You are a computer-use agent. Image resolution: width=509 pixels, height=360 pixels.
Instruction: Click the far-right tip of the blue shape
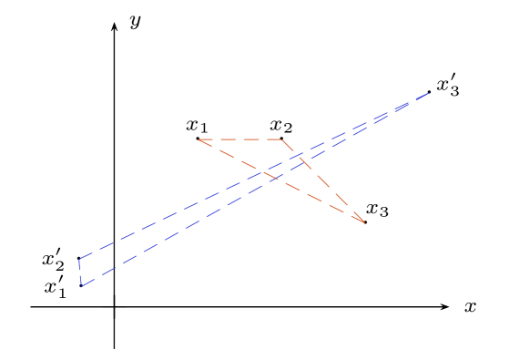click(x=429, y=93)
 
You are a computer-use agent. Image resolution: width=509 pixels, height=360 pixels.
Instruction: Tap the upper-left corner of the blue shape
click(x=79, y=259)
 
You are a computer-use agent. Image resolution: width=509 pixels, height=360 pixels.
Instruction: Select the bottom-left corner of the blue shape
click(x=82, y=286)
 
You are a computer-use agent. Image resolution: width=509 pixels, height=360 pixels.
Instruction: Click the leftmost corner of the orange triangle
click(x=199, y=139)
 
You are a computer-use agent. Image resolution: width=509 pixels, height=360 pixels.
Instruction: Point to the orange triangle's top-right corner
click(x=281, y=139)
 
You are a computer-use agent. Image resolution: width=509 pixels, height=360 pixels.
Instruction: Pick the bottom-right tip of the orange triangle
click(x=365, y=222)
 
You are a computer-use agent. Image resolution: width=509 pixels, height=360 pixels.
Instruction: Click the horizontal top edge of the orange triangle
click(x=240, y=139)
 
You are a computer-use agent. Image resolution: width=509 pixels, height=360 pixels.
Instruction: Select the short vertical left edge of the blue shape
click(x=80, y=273)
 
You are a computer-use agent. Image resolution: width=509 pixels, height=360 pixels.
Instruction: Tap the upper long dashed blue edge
click(x=182, y=211)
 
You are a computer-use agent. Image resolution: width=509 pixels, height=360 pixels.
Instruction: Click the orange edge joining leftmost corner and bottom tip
click(x=319, y=200)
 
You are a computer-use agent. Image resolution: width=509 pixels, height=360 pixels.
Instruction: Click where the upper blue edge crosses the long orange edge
click(x=262, y=171)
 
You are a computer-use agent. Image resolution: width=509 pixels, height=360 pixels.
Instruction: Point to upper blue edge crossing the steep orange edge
click(x=300, y=155)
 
